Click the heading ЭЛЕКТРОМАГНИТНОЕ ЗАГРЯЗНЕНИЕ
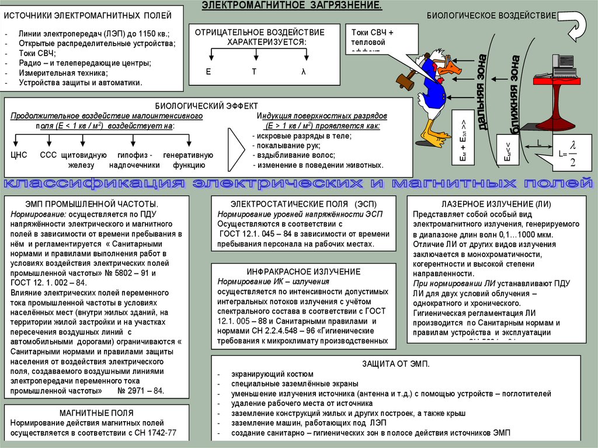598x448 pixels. [292, 6]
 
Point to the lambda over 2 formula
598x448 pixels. [572, 153]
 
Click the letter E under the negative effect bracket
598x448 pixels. [208, 71]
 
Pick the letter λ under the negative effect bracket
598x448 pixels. [303, 71]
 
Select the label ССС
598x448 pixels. [48, 155]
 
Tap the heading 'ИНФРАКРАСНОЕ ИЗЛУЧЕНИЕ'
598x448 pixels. [295, 272]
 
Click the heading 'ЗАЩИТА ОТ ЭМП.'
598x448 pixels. [404, 363]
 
